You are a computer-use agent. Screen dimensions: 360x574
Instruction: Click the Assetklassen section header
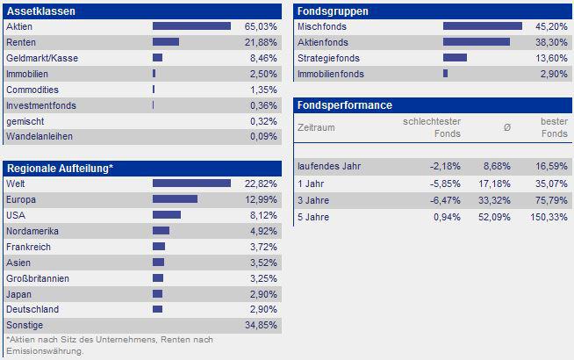click(x=40, y=11)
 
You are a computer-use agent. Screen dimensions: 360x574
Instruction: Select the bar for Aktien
click(x=191, y=27)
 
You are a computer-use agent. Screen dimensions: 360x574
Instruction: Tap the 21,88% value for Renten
click(x=260, y=42)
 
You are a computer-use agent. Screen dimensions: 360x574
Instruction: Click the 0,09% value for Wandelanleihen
click(x=262, y=137)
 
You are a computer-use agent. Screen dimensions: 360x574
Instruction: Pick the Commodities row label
click(x=32, y=90)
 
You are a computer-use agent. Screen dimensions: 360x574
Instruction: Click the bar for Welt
click(x=191, y=184)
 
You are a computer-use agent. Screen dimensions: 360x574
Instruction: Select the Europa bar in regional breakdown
click(x=175, y=199)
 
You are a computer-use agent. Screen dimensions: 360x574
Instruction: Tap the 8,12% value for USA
click(x=262, y=215)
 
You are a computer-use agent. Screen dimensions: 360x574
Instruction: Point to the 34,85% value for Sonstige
click(x=260, y=325)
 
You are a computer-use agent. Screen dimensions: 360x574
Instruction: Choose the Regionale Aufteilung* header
click(x=61, y=168)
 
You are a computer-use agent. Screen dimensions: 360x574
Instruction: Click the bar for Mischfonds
click(x=482, y=27)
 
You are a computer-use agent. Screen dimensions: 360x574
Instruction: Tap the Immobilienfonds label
click(x=331, y=74)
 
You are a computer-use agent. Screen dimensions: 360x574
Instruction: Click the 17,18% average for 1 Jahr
click(x=496, y=184)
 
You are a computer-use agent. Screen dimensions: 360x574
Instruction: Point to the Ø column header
click(x=506, y=127)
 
